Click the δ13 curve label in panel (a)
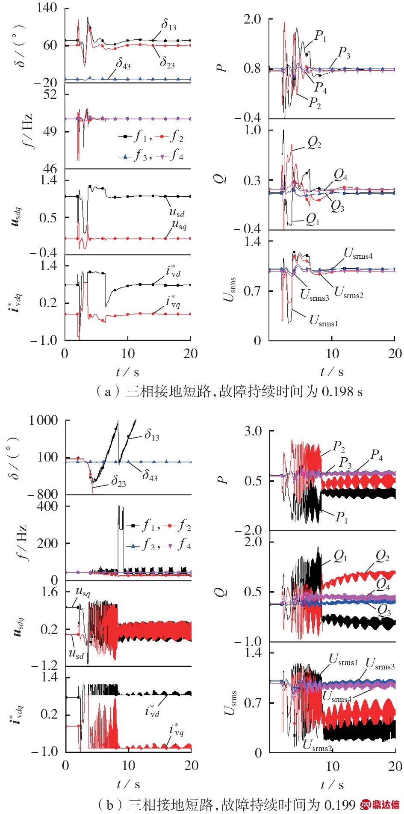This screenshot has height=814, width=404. [168, 25]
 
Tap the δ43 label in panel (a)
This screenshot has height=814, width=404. [123, 64]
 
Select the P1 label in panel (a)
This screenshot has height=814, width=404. [320, 36]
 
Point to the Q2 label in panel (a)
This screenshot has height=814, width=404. [314, 143]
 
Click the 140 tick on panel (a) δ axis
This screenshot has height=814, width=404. [47, 7]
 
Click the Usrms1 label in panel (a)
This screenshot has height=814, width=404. [324, 320]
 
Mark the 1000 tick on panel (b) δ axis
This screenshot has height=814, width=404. [43, 420]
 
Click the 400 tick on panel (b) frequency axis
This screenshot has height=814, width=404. [48, 506]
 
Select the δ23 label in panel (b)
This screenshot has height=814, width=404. [118, 482]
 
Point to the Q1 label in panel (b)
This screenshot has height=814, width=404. [340, 556]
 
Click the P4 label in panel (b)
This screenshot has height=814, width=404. [376, 455]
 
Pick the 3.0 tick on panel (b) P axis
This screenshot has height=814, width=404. [253, 431]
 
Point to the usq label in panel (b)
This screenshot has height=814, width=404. [83, 592]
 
